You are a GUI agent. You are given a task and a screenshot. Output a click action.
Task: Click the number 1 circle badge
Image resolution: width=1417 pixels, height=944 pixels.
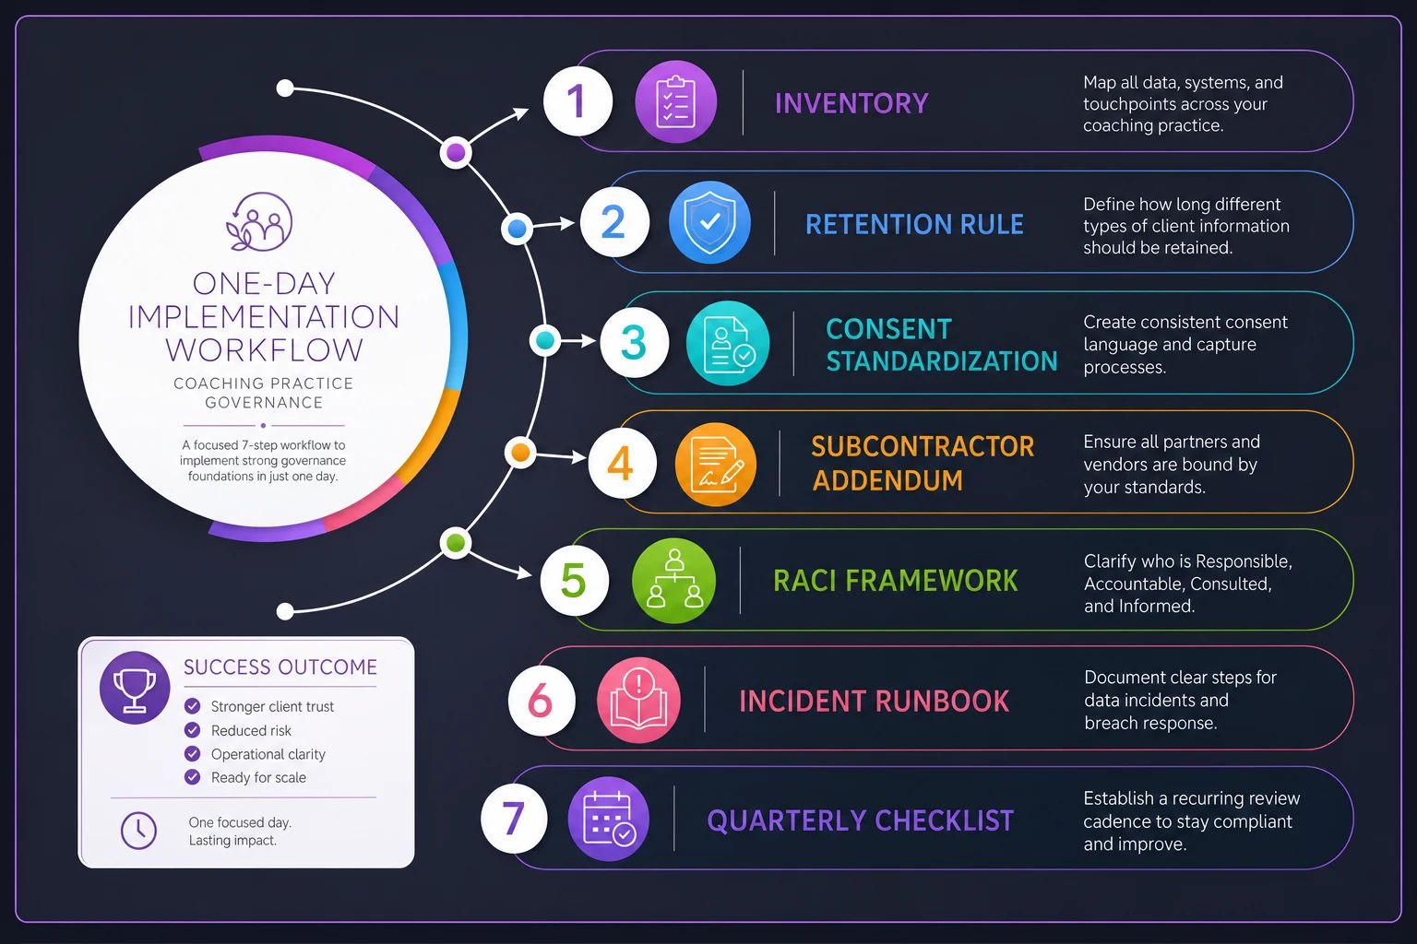coord(578,101)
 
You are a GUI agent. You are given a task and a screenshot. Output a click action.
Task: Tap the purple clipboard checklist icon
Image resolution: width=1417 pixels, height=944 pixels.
coord(675,101)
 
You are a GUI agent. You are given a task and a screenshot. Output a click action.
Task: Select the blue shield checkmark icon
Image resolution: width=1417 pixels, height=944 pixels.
coord(709,222)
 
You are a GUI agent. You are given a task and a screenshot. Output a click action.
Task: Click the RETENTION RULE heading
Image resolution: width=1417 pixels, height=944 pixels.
coord(914,224)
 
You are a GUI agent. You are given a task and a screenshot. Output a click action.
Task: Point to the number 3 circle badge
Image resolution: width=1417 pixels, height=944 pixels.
coord(634,342)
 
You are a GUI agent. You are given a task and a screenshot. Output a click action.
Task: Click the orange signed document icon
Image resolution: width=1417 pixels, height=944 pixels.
coord(716,464)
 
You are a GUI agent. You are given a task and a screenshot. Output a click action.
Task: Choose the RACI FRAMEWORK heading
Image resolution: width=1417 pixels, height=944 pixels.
coord(895,581)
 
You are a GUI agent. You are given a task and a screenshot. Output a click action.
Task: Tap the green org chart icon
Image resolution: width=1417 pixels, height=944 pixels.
coord(673,581)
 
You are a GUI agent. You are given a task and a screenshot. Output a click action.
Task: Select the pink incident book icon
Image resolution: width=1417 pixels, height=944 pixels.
coord(638,700)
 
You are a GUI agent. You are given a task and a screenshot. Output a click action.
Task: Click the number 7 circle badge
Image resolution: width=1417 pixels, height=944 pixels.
coord(514,819)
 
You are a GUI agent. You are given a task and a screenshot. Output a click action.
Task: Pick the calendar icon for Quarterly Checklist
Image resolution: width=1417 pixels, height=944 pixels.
coord(608,819)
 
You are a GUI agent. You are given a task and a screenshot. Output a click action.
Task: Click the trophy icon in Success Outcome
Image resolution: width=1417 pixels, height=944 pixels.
coord(135,688)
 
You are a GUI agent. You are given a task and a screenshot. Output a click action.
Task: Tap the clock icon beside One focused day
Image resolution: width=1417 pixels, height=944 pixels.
coord(138,831)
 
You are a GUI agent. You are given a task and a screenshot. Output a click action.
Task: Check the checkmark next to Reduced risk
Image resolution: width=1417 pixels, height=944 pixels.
coord(192,729)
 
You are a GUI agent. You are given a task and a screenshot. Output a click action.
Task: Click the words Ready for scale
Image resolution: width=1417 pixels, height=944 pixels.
coord(258,777)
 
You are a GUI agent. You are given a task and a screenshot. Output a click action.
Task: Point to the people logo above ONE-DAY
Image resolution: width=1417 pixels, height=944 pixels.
coord(259,222)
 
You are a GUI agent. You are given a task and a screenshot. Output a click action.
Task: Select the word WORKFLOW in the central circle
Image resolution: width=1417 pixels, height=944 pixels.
coord(265,349)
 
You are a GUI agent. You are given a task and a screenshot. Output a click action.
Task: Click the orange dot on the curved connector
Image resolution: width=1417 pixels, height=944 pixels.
coord(520,453)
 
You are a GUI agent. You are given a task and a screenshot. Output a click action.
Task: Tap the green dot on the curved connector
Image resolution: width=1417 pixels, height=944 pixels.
coord(456,543)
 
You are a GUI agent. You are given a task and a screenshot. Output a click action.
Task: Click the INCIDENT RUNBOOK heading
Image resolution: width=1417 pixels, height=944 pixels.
coord(875,702)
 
